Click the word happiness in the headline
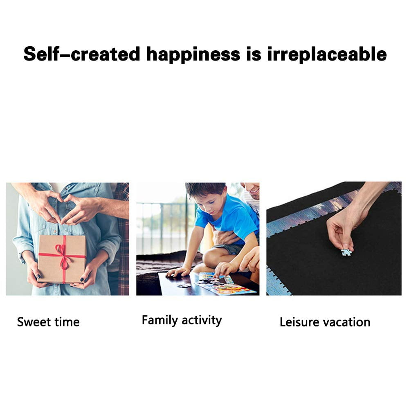coord(193,55)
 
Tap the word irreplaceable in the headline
coord(327,54)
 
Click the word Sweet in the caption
coord(34,322)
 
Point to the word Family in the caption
coord(160,320)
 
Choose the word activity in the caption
coord(202,320)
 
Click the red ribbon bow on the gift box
coord(63,257)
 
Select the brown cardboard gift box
coord(62,259)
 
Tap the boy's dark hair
coord(206,190)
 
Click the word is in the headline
coord(254,54)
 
